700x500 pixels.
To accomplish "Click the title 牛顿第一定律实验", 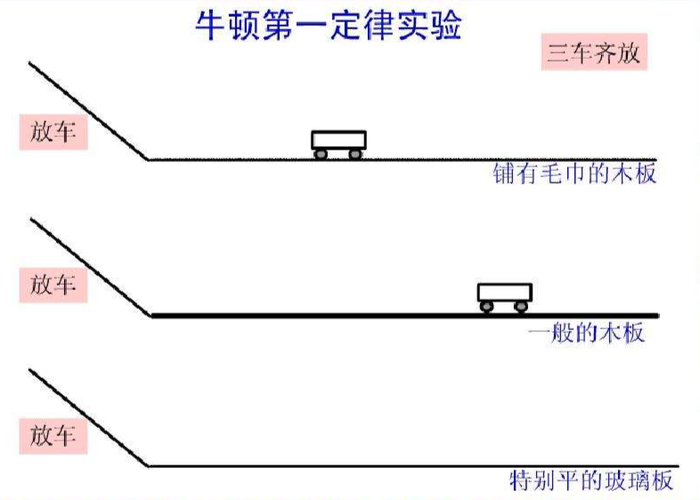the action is pos(329,26).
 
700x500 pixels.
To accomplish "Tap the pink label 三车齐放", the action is pos(593,54).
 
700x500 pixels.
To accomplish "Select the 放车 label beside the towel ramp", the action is pos(53,132).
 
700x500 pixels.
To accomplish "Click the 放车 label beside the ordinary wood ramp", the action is pos(53,286).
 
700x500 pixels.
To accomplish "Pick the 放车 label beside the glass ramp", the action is pos(53,437).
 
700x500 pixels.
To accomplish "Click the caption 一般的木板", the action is pos(586,334).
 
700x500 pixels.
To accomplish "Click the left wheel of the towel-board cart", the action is pos(321,154).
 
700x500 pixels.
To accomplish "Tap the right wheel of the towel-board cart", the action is pos(354,154).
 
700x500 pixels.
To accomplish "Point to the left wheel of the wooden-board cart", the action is pos(487,307).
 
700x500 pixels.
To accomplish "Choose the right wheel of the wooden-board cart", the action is pos(521,307).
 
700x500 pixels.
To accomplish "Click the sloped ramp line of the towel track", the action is pos(87,110).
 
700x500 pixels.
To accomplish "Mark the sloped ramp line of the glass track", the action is pos(87,417).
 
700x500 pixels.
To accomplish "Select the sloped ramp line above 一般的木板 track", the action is pos(87,265).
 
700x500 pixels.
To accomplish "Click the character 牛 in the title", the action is pos(211,26).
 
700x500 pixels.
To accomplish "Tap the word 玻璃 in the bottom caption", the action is pos(611,482).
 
